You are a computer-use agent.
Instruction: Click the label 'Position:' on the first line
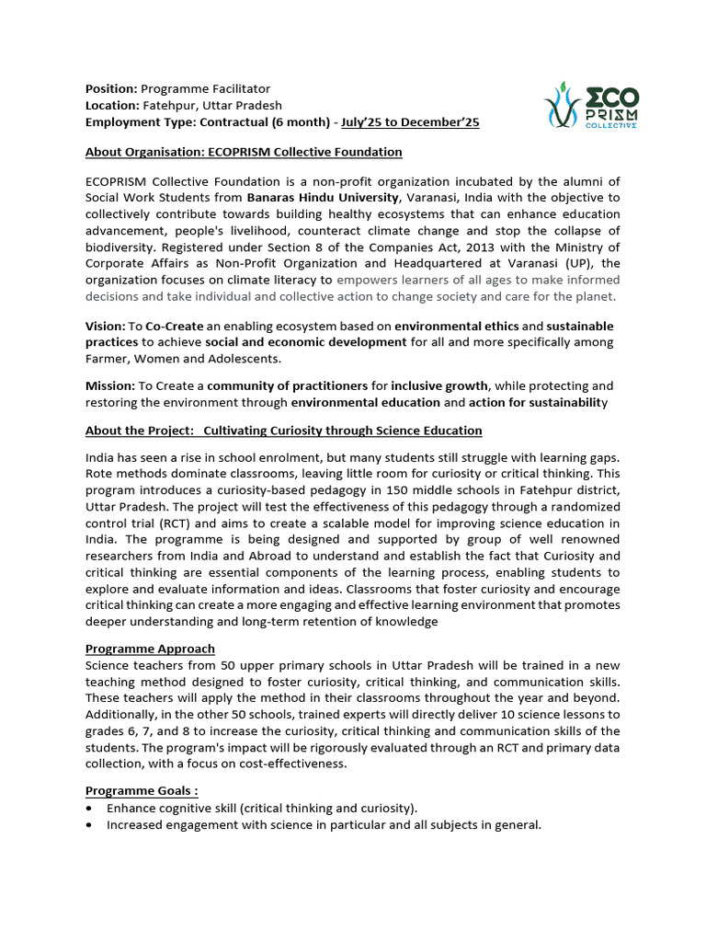click(111, 88)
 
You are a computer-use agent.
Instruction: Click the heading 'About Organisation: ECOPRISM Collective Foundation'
click(244, 152)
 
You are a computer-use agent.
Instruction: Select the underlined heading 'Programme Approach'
click(150, 649)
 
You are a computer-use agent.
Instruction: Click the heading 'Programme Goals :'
click(142, 790)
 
